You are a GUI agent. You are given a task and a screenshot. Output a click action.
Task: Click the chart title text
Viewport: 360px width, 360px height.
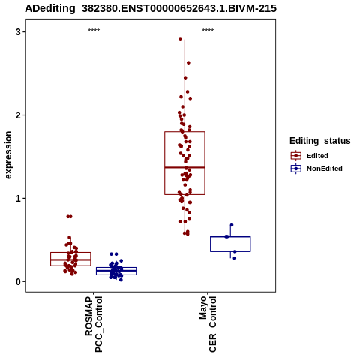151,8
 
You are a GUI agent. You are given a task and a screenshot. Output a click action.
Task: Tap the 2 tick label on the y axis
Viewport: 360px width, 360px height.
18,115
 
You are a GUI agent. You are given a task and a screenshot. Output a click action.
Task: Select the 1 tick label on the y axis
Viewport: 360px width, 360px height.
18,199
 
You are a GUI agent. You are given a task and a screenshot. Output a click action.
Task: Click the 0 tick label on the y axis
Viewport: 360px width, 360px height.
18,282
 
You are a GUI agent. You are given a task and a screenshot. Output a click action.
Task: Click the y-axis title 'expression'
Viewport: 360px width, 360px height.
8,155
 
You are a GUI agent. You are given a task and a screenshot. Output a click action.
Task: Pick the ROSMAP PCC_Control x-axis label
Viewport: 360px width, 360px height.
94,324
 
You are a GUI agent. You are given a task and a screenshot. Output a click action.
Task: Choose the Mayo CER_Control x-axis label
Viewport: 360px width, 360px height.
208,324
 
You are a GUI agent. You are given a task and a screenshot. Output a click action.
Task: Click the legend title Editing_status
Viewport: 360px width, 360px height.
320,141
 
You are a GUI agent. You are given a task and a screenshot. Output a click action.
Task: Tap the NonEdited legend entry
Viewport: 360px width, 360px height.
316,169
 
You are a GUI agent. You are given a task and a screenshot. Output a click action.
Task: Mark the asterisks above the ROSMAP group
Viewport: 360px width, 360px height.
94,31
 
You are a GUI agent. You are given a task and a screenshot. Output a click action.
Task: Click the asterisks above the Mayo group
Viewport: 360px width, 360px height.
208,31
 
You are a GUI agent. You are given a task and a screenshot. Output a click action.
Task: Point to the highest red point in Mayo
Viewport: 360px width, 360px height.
180,39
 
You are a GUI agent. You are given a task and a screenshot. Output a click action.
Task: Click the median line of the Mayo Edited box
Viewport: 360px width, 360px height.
184,167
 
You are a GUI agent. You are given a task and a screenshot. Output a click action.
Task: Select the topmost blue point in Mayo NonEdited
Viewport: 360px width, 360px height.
232,225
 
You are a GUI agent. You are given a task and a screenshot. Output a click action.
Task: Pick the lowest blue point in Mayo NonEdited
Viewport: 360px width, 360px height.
235,258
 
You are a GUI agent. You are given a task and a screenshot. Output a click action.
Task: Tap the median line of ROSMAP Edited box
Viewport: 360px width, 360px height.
70,259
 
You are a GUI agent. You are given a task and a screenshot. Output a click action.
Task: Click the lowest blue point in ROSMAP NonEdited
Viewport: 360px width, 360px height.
121,280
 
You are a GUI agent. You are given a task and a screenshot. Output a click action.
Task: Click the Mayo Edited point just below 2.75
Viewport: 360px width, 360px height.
188,63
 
